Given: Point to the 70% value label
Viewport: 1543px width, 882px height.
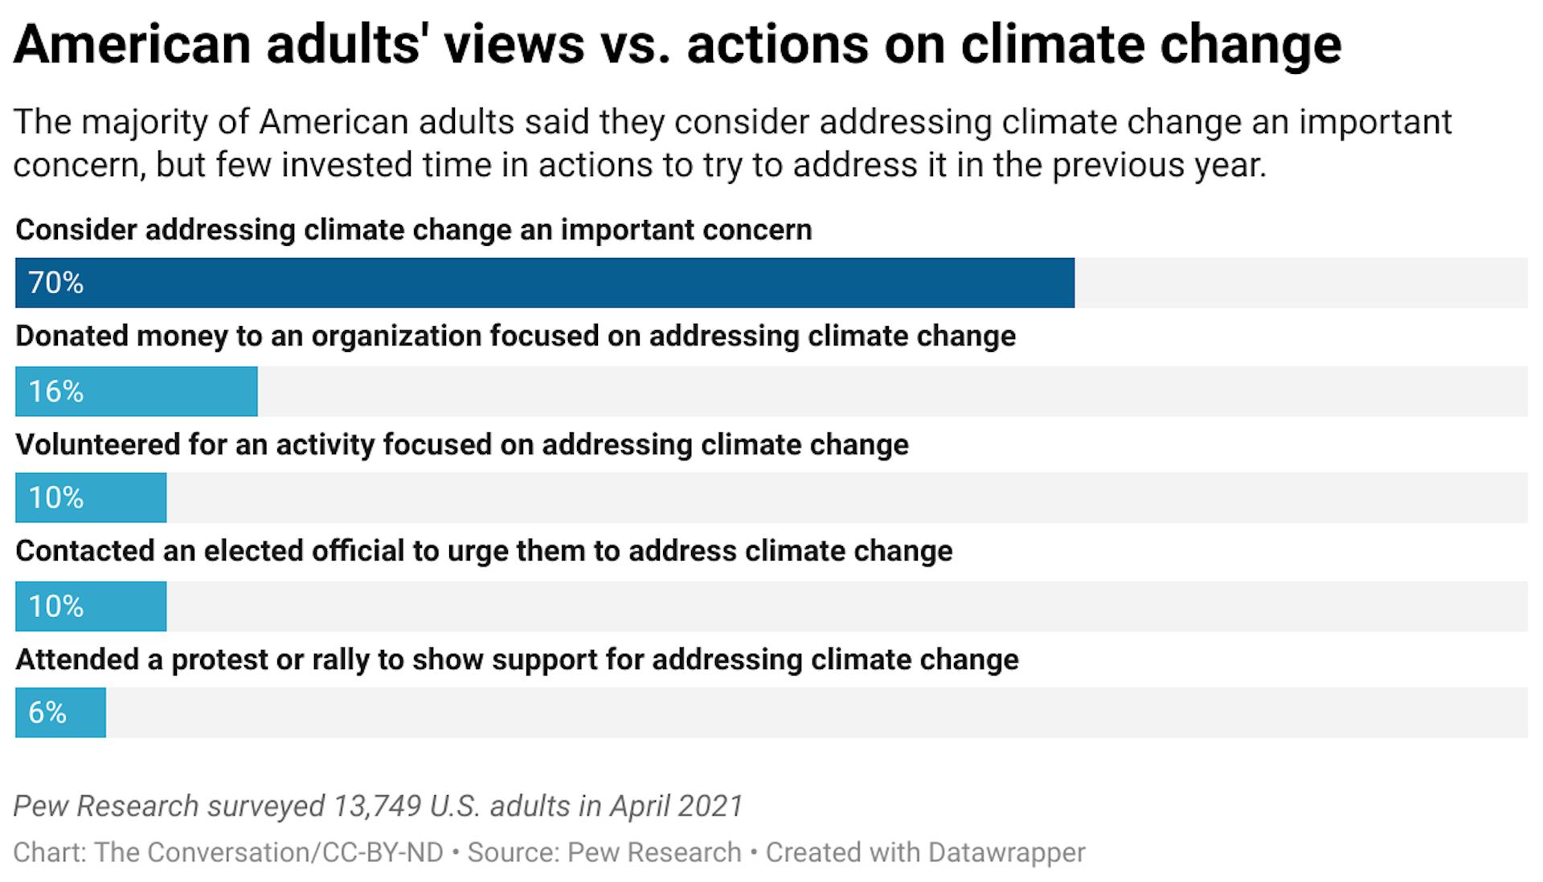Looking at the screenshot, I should pyautogui.click(x=55, y=283).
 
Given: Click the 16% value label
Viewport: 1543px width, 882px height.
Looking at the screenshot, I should pyautogui.click(x=55, y=391).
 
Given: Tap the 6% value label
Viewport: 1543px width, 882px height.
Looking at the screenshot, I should pyautogui.click(x=47, y=713).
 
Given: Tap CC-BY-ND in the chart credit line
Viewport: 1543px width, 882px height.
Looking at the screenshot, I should pyautogui.click(x=383, y=852).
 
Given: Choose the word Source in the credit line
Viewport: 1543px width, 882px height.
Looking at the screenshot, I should pyautogui.click(x=512, y=852).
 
